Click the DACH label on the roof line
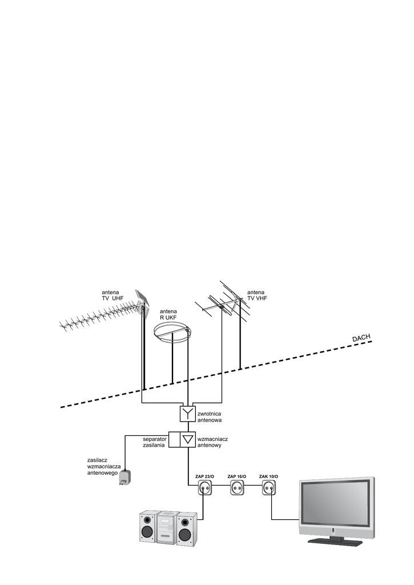point(361,339)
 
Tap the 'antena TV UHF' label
point(113,295)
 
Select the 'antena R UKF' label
point(169,314)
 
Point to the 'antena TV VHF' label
point(257,295)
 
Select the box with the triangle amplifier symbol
point(187,439)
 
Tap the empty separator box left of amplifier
point(174,439)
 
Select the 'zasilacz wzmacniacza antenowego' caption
point(103,466)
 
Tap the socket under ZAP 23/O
point(204,488)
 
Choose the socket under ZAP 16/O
point(236,488)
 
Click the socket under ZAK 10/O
point(268,488)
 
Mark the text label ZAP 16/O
point(236,476)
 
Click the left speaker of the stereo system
point(147,527)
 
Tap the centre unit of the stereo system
point(166,527)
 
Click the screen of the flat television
point(335,503)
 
